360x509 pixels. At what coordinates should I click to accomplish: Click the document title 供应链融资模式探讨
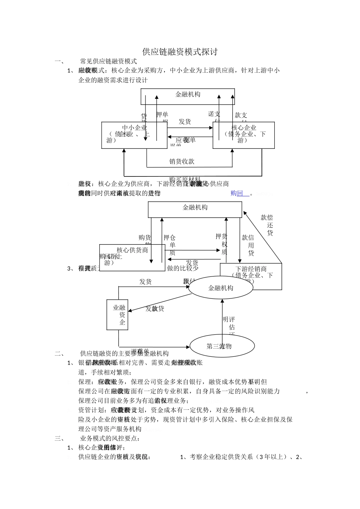(180, 52)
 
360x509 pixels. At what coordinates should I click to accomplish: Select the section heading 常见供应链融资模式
(108, 61)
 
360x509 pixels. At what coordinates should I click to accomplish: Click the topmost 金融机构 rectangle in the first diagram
(188, 95)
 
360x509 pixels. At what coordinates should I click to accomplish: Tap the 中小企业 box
(134, 135)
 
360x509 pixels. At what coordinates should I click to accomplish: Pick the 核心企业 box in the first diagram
(244, 135)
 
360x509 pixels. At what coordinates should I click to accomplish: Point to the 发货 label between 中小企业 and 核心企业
(185, 122)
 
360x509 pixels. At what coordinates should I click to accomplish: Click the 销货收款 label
(182, 161)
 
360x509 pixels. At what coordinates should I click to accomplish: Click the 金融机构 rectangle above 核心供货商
(195, 208)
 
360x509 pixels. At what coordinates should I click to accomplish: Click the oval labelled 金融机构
(221, 288)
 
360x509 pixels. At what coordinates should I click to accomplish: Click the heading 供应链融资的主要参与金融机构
(125, 354)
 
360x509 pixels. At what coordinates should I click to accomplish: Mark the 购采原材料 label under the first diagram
(185, 179)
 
